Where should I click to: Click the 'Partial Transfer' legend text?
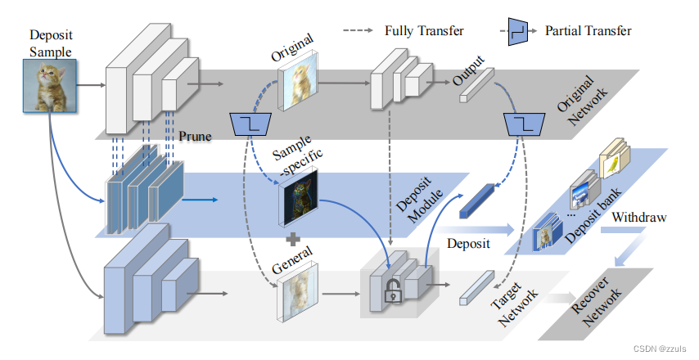pos(588,31)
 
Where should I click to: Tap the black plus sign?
pos(291,240)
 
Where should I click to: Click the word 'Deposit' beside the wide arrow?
pos(469,243)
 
